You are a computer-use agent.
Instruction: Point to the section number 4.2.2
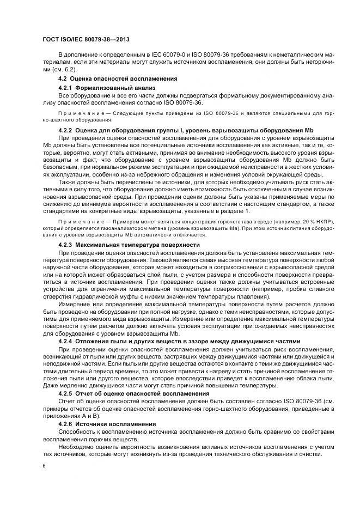(x=66, y=131)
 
